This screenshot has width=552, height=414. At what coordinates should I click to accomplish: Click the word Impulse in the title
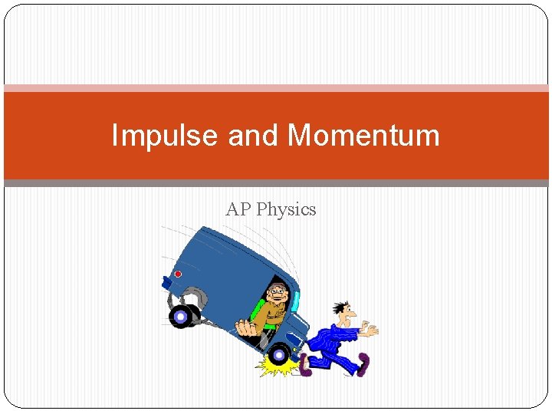pyautogui.click(x=165, y=136)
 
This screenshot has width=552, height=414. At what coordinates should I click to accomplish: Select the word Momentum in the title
pyautogui.click(x=363, y=136)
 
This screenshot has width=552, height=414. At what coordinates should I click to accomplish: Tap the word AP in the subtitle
pyautogui.click(x=238, y=209)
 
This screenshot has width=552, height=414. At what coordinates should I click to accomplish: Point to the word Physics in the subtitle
pyautogui.click(x=286, y=209)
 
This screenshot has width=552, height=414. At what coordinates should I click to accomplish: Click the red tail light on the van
pyautogui.click(x=178, y=274)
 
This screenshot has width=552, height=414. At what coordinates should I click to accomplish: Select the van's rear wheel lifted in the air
pyautogui.click(x=182, y=315)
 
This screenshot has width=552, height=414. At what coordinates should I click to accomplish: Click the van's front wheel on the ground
pyautogui.click(x=278, y=354)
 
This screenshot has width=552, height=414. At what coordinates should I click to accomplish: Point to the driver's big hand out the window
pyautogui.click(x=246, y=329)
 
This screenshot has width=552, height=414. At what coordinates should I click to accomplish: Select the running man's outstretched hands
pyautogui.click(x=369, y=330)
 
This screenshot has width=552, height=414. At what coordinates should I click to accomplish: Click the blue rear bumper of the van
pyautogui.click(x=166, y=281)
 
